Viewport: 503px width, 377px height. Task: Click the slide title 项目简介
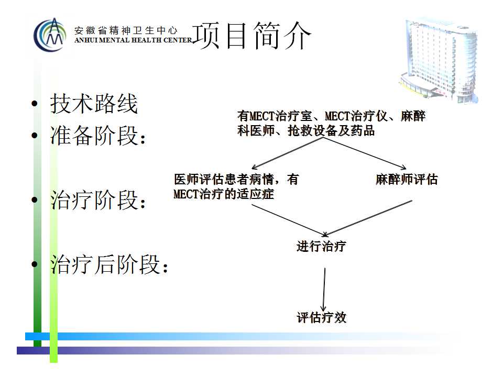(x=252, y=36)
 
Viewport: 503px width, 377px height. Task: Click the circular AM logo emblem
(x=50, y=35)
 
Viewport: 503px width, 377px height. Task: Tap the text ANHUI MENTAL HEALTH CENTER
(x=133, y=40)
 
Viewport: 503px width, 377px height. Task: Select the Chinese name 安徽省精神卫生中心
(x=126, y=30)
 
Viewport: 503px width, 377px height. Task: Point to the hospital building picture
(x=439, y=60)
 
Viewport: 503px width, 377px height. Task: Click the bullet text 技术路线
(x=94, y=104)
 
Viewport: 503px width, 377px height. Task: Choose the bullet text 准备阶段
(x=98, y=135)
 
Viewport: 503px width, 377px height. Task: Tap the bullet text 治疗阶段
(x=98, y=199)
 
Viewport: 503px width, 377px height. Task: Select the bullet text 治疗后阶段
(x=110, y=264)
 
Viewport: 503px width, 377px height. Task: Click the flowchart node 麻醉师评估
(x=407, y=180)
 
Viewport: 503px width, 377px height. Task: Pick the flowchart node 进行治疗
(x=321, y=247)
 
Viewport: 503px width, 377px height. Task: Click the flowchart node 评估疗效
(x=321, y=317)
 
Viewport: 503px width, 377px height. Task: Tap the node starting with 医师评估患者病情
(x=236, y=186)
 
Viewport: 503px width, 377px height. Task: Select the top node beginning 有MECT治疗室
(x=331, y=123)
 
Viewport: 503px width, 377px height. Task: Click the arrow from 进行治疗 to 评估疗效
(x=324, y=290)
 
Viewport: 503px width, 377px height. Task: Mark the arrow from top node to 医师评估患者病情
(x=288, y=153)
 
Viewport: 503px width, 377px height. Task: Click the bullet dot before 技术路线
(x=35, y=104)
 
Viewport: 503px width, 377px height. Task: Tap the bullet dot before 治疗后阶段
(x=35, y=264)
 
